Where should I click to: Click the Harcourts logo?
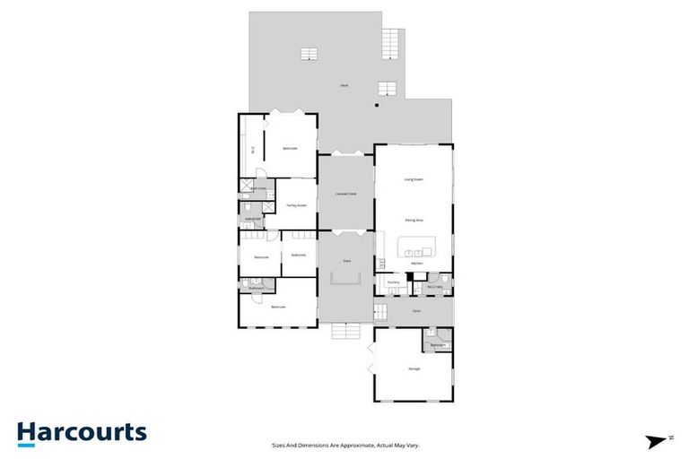click(82, 433)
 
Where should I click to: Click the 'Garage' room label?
click(414, 368)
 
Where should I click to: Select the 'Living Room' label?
click(414, 179)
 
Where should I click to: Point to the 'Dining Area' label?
click(414, 220)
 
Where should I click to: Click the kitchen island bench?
click(414, 247)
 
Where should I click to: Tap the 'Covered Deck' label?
click(346, 194)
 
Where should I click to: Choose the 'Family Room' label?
click(296, 205)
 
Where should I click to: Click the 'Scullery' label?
click(393, 282)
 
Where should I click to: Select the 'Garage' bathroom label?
click(437, 344)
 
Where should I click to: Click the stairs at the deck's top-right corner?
click(391, 40)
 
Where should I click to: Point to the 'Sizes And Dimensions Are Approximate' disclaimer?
click(345, 444)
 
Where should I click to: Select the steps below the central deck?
click(345, 332)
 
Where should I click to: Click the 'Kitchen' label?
click(416, 264)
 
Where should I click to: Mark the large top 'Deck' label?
click(344, 85)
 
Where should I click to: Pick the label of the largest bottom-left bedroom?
click(278, 307)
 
